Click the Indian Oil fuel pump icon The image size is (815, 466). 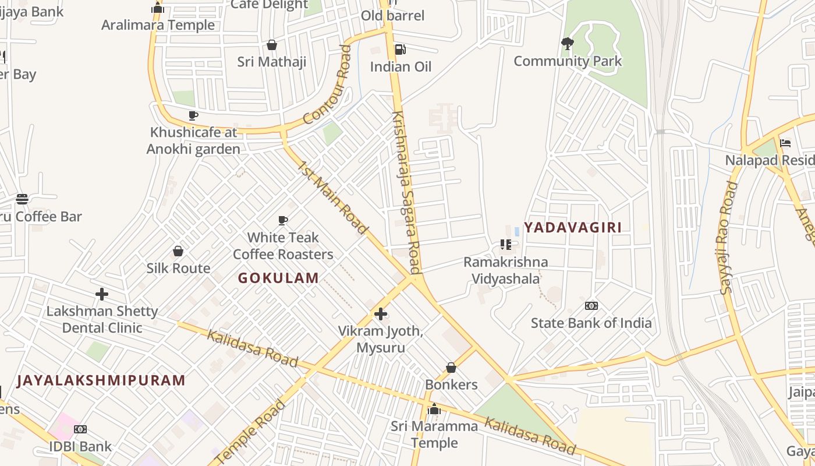400,50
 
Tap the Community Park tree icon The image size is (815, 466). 567,44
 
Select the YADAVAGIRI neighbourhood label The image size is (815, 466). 573,228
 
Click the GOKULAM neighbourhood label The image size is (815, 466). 278,278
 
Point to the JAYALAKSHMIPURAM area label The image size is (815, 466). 101,381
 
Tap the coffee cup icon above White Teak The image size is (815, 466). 283,220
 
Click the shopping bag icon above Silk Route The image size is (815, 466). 178,251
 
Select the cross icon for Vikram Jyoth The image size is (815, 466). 381,315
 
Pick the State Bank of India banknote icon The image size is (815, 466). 591,306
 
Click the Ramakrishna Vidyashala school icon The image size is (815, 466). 505,245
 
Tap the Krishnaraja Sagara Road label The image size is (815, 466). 406,192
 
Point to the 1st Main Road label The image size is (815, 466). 332,198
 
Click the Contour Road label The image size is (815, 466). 328,86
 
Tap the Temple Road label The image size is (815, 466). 251,432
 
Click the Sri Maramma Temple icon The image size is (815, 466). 434,409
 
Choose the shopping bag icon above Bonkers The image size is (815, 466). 451,368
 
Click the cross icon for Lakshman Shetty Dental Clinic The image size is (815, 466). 102,294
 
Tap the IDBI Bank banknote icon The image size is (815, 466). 80,429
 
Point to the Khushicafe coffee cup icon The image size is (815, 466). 193,115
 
